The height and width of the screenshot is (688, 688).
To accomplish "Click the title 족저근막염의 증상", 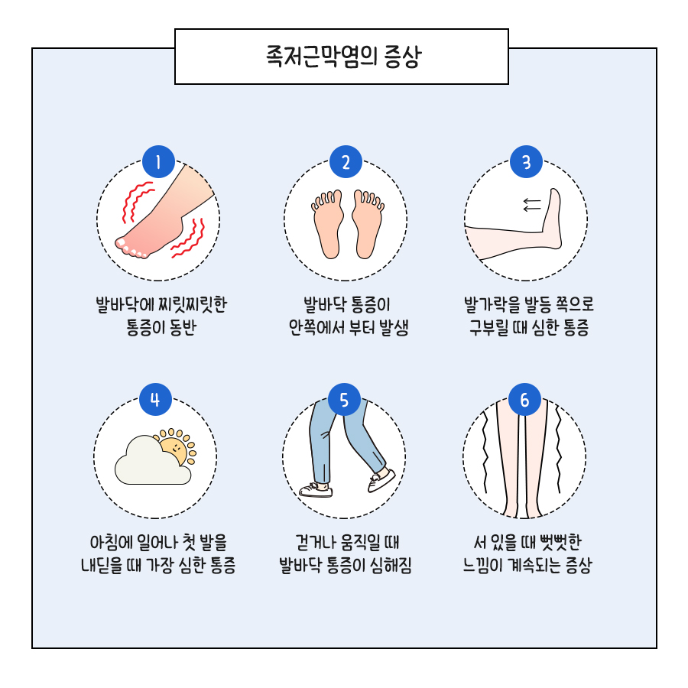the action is click(343, 56).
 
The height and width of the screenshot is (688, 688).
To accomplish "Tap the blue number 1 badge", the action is click(158, 162).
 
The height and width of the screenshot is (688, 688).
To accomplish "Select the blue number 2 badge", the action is click(346, 162).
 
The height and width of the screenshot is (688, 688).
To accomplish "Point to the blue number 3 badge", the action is click(526, 162).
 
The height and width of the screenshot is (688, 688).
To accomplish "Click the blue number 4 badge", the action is click(155, 399).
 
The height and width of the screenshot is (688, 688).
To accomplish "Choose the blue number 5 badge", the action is click(344, 399).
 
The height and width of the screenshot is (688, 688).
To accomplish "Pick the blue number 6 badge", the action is click(524, 399).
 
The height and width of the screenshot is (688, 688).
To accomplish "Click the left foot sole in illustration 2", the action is click(327, 224).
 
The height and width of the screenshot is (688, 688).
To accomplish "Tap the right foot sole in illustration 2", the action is click(368, 224).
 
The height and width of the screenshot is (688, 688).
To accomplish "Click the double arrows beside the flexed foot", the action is click(532, 204).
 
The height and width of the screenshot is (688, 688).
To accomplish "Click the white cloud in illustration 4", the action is click(152, 461).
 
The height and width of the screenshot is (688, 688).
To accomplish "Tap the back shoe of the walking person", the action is click(316, 490).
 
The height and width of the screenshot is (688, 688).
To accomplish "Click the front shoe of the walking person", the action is click(381, 481).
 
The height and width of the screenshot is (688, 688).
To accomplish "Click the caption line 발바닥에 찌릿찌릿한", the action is click(161, 304).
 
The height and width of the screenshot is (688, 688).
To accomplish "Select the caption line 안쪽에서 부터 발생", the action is click(349, 327).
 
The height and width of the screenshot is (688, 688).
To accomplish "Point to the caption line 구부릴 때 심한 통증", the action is click(529, 327).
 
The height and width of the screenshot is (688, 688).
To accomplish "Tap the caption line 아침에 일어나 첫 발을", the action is click(158, 542).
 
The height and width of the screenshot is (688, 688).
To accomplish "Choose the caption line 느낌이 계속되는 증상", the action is click(527, 565).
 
